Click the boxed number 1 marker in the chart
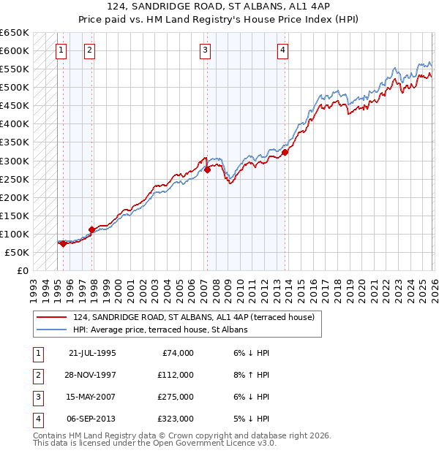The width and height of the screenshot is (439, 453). [x=60, y=50]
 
